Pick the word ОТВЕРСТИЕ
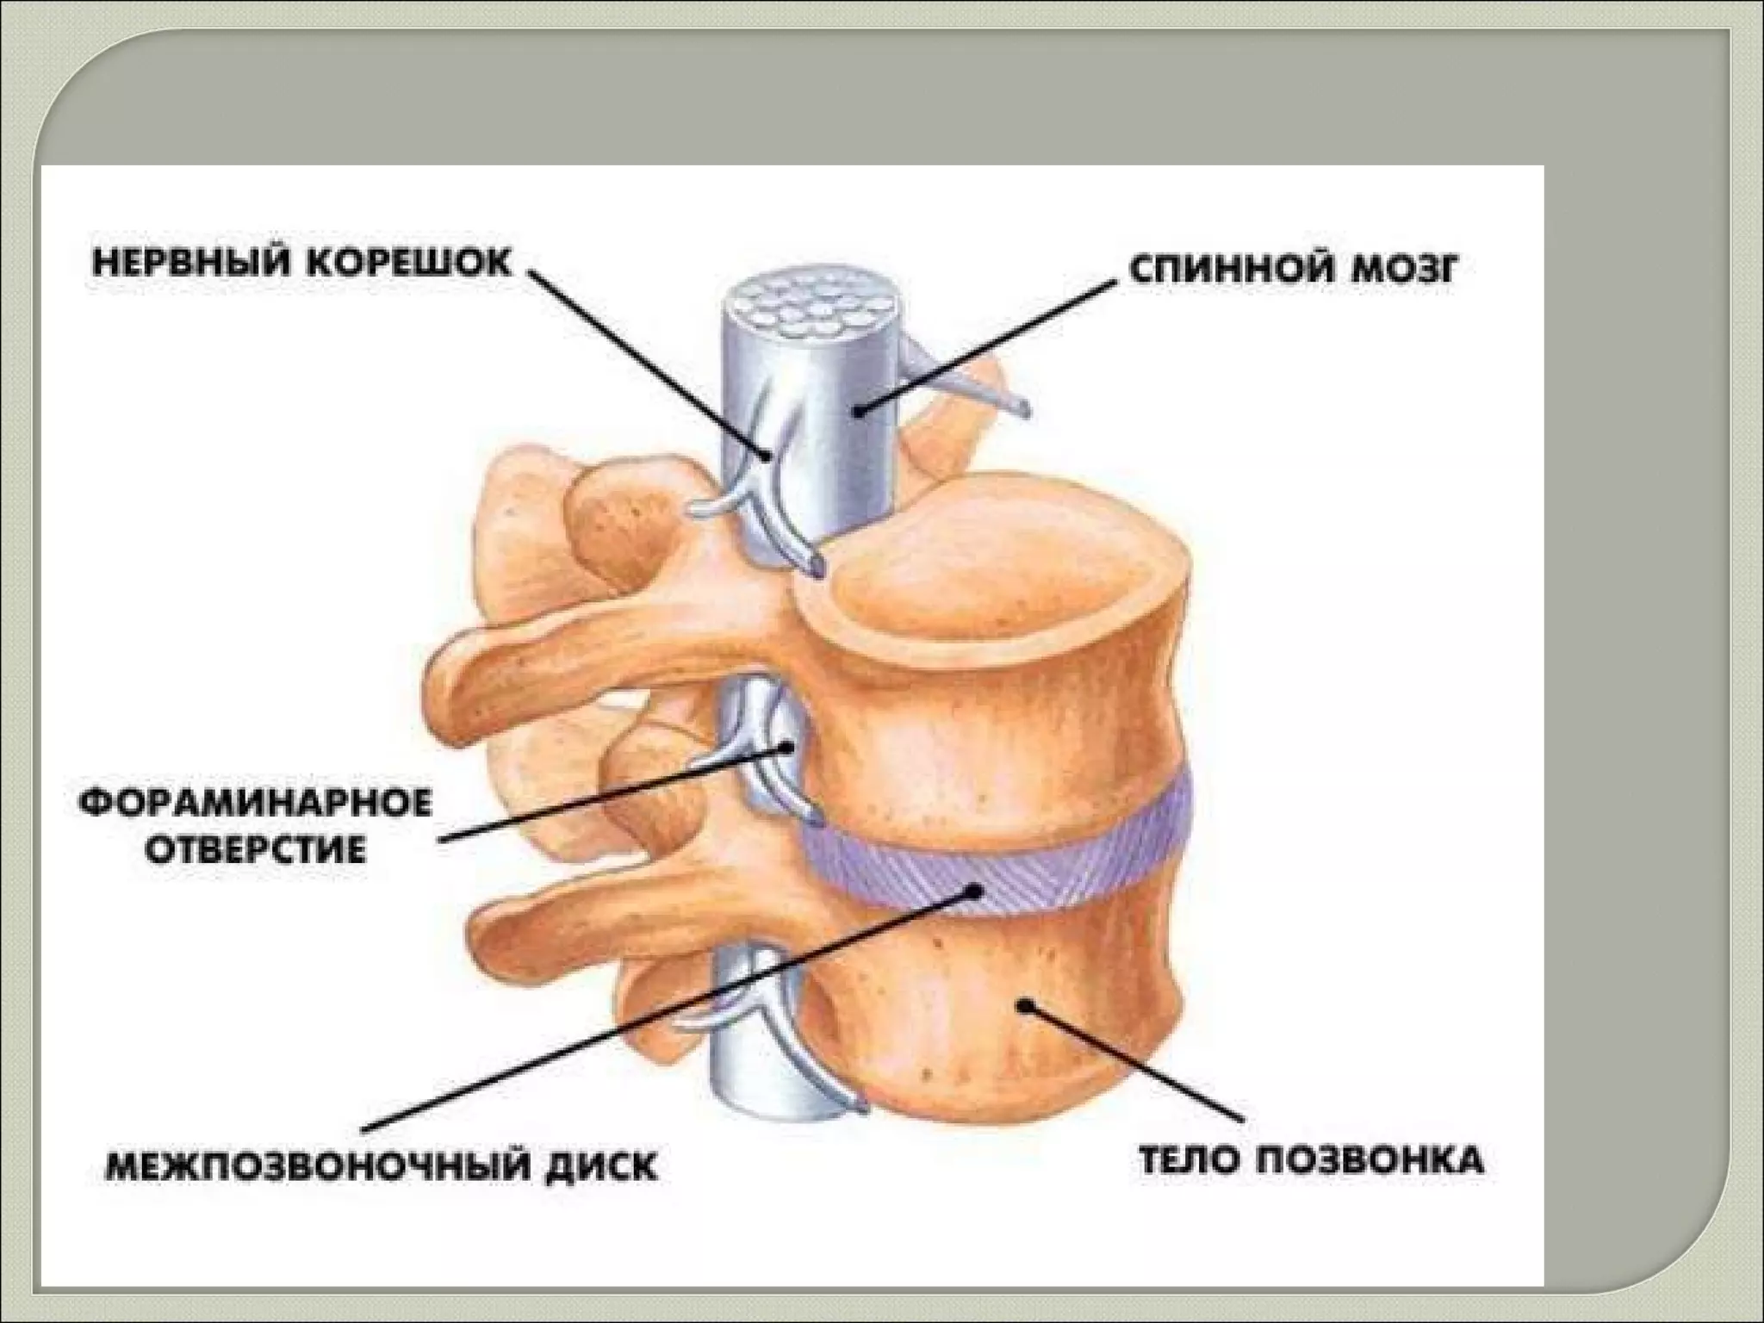(x=255, y=851)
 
